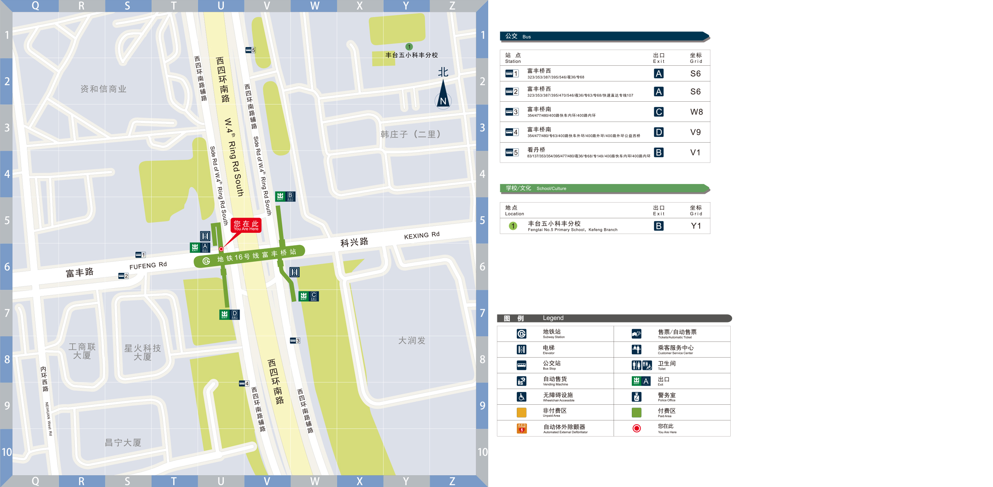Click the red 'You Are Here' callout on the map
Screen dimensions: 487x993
[x=246, y=225]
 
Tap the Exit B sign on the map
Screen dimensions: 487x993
[x=285, y=196]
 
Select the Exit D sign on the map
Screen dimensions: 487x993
[x=230, y=315]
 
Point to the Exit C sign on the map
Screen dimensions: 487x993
[x=309, y=296]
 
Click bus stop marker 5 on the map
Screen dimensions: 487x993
[x=250, y=50]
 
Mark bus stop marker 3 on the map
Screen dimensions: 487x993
[x=295, y=341]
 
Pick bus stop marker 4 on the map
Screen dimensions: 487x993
[x=244, y=384]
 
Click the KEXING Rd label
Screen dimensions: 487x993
[x=422, y=235]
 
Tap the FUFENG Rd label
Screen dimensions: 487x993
[x=148, y=265]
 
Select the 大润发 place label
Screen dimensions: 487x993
[x=412, y=341]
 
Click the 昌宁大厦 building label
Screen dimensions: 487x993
[x=123, y=443]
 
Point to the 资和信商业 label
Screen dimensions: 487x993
[x=103, y=89]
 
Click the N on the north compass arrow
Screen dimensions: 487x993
[x=443, y=101]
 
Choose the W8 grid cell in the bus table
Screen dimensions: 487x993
[x=696, y=112]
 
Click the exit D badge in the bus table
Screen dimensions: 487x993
[x=658, y=132]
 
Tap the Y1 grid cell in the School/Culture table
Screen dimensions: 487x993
[x=696, y=226]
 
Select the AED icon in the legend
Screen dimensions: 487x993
[x=522, y=428]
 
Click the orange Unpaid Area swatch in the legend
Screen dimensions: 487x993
[x=522, y=412]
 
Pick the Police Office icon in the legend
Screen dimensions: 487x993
[x=636, y=397]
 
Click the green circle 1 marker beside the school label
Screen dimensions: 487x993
[x=409, y=47]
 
